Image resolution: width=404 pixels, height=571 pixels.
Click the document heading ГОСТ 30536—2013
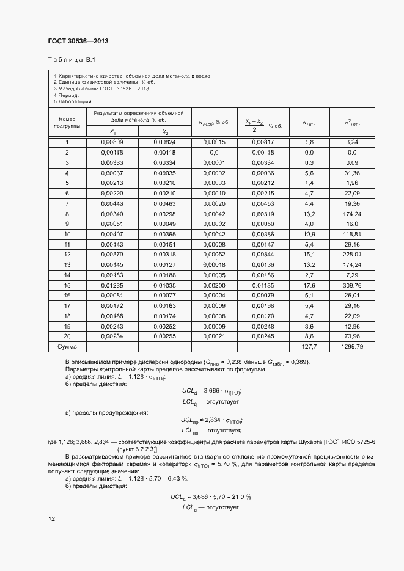point(78,42)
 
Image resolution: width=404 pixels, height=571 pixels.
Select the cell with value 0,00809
point(112,142)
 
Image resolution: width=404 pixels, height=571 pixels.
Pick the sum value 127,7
point(309,346)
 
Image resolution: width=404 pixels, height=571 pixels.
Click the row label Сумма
point(67,346)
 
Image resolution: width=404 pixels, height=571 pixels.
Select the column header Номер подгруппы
point(67,123)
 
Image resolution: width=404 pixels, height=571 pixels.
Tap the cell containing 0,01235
point(112,285)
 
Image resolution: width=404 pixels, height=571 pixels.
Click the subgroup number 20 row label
point(67,336)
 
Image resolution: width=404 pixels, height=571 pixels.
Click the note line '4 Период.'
point(66,96)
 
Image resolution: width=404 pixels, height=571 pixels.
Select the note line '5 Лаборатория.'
point(73,102)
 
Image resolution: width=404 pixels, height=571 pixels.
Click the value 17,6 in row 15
point(309,285)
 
